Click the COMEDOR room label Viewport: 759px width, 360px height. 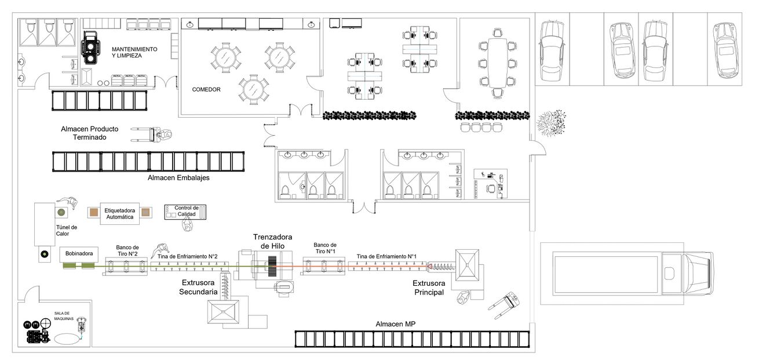[206, 89]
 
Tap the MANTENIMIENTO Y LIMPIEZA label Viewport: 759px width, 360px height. [134, 52]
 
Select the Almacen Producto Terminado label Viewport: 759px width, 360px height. [89, 133]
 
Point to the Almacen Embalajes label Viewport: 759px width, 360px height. [178, 177]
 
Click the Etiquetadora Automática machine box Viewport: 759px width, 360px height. [119, 214]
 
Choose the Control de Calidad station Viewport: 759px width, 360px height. [185, 212]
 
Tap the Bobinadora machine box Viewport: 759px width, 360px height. [79, 254]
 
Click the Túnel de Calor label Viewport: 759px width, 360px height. [67, 231]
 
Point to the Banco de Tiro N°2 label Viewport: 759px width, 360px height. [127, 250]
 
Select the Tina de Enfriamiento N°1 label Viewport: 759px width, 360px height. [386, 257]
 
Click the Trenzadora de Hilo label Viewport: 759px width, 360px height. [272, 241]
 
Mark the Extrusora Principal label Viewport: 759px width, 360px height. [429, 288]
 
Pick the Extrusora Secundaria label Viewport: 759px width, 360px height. [198, 287]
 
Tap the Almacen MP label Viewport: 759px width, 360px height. [395, 324]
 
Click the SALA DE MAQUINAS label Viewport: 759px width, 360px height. [64, 316]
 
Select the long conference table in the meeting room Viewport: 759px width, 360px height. [497, 63]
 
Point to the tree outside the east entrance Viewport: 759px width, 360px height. [551, 123]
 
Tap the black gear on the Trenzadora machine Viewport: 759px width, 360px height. [272, 266]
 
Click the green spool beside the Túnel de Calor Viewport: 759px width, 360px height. [61, 213]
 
